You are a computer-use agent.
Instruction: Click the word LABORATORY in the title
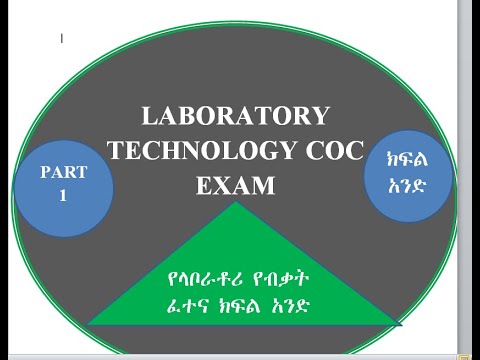tap(236, 116)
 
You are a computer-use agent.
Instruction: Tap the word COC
tap(335, 151)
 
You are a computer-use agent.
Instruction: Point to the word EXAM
tap(236, 185)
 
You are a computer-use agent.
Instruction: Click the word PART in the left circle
tap(64, 172)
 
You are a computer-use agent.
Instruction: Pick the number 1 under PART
tap(63, 195)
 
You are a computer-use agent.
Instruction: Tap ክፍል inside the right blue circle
tap(407, 159)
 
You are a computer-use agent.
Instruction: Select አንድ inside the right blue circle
tap(407, 185)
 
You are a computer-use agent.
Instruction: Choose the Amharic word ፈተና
tap(187, 306)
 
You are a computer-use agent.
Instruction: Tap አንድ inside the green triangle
tap(289, 306)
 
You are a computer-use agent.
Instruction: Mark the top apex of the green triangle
tap(236, 201)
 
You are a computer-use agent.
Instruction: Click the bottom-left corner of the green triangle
tap(87, 324)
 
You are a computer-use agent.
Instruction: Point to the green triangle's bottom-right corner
tap(400, 324)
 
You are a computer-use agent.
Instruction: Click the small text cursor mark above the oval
tap(62, 38)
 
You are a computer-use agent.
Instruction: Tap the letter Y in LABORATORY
tap(320, 116)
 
